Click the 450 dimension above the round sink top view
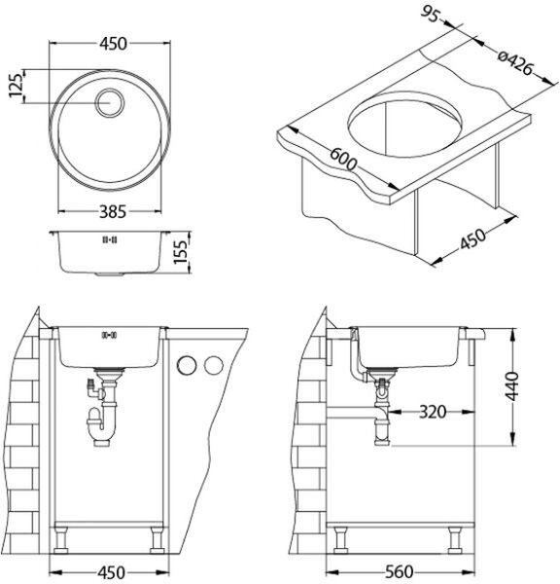[x=113, y=44]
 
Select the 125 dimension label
[x=17, y=86]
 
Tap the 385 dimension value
[x=113, y=212]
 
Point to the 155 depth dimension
[x=181, y=252]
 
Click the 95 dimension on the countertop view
[x=430, y=16]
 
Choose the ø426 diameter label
[x=516, y=63]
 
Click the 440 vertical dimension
[x=512, y=385]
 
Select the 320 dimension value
[x=433, y=412]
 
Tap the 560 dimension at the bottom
[x=400, y=572]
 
